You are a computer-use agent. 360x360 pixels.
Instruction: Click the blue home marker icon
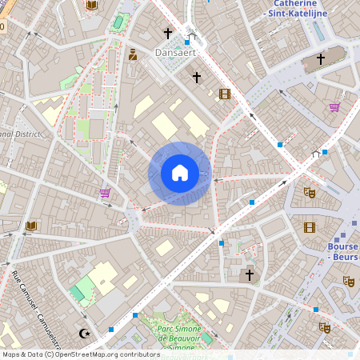click(x=179, y=173)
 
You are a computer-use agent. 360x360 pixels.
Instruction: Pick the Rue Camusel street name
click(x=31, y=304)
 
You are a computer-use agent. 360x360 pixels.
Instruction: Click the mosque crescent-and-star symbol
click(x=84, y=333)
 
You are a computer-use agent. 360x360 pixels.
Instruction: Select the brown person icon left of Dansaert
click(x=133, y=54)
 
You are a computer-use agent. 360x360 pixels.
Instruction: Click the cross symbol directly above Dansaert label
click(x=168, y=34)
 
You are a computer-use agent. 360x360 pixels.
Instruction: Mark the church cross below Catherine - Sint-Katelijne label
click(x=321, y=58)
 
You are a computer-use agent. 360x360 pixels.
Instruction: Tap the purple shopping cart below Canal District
click(x=105, y=193)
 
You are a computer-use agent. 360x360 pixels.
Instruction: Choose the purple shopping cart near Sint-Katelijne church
click(x=334, y=107)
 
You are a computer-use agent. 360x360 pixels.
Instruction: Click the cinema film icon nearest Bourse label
click(x=310, y=227)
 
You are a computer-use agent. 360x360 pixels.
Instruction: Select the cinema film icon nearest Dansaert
click(x=224, y=94)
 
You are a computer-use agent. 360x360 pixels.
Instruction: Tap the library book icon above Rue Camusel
click(x=31, y=226)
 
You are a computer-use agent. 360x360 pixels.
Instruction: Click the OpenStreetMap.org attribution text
click(x=102, y=354)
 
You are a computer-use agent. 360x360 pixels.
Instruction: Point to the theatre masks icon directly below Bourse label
click(x=348, y=281)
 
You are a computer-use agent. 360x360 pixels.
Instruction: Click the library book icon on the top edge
click(x=91, y=6)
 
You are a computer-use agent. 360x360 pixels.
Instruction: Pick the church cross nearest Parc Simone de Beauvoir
click(x=249, y=275)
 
